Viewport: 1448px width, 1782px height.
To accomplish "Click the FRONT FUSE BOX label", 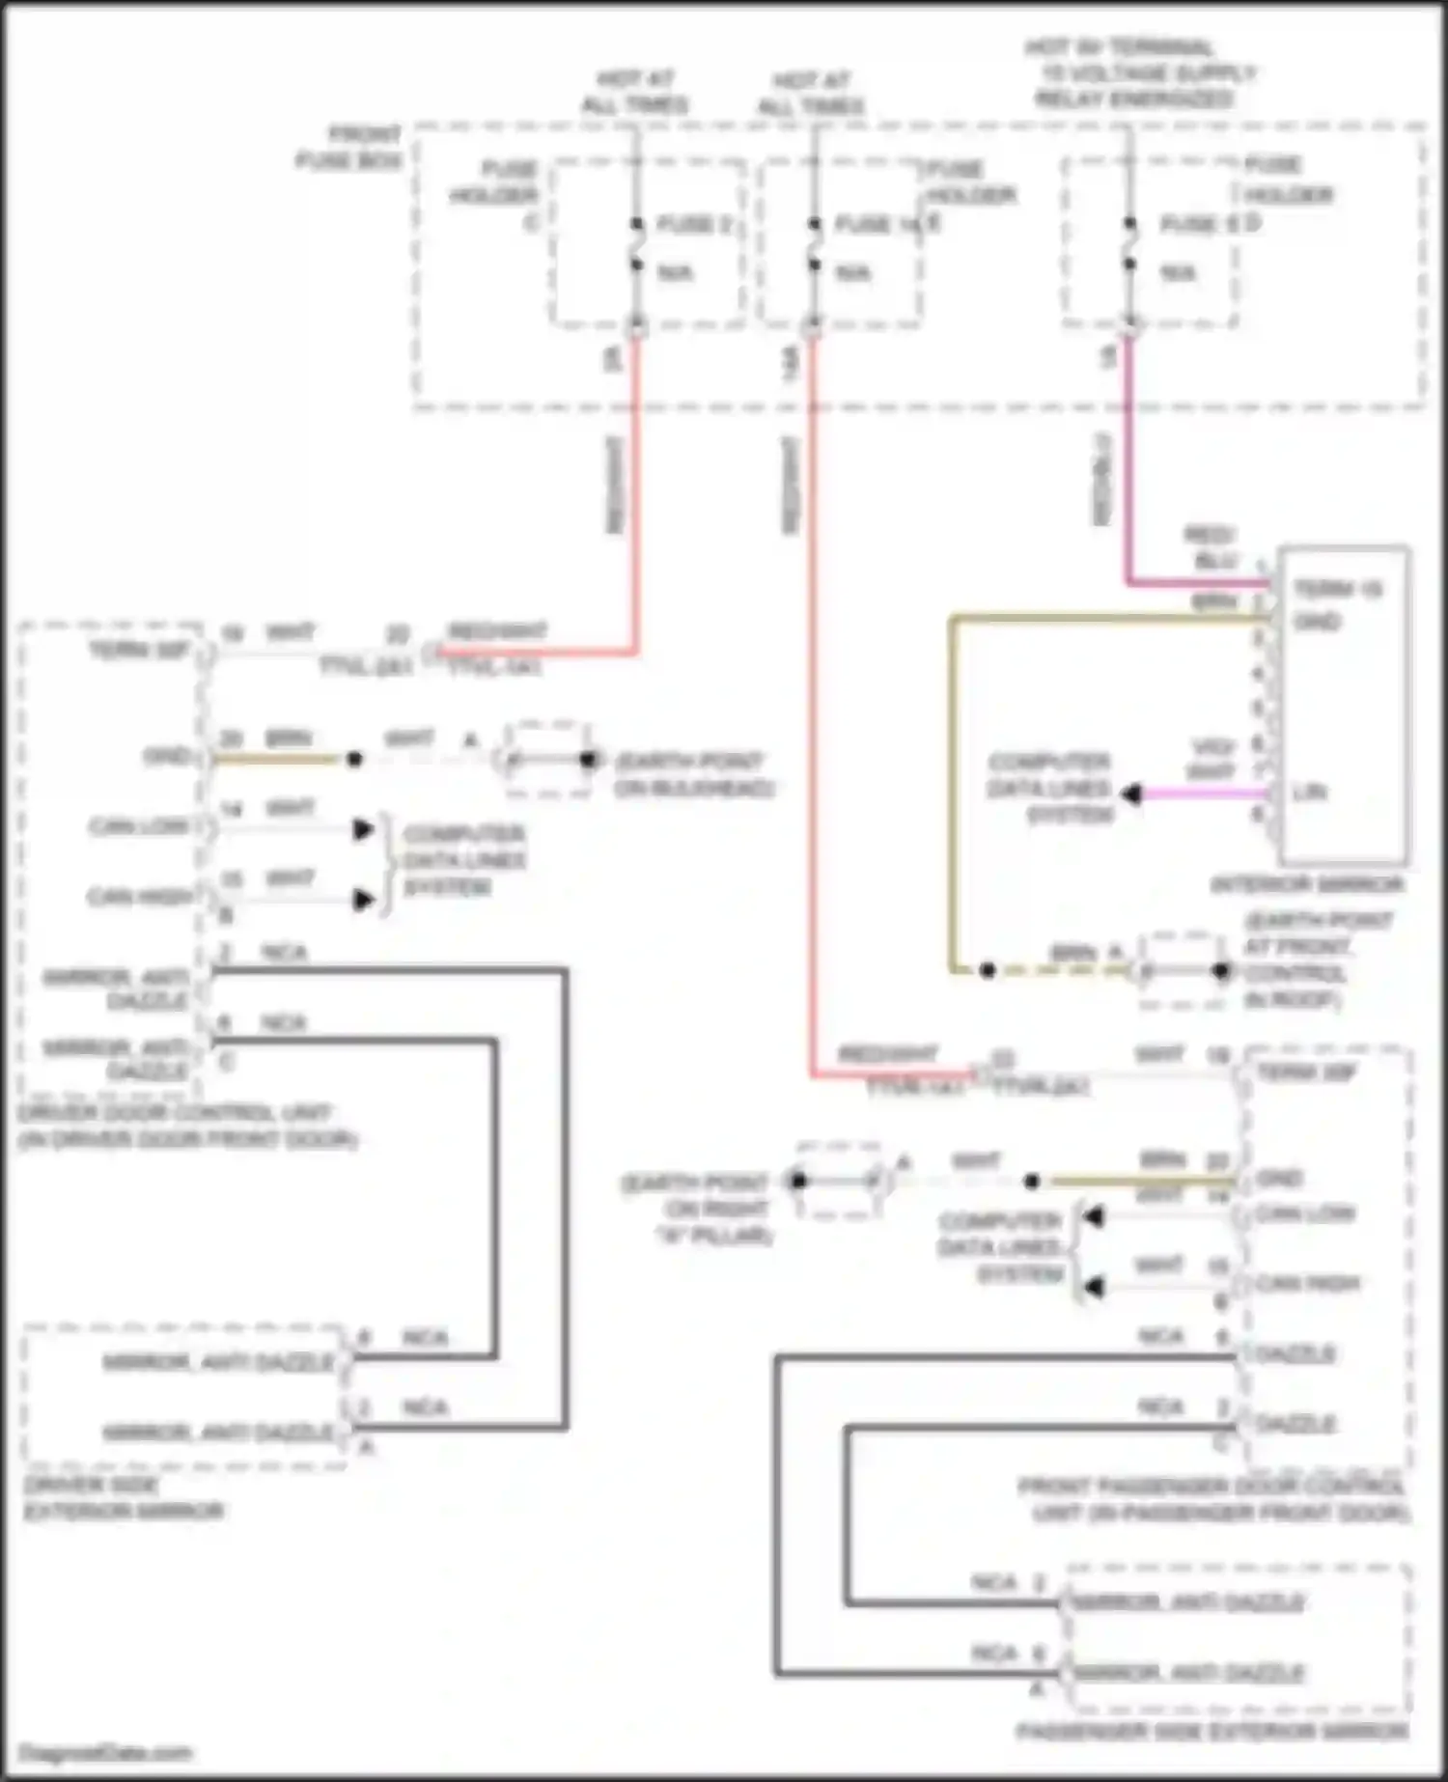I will [349, 147].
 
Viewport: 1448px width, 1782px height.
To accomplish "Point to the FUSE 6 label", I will [1198, 225].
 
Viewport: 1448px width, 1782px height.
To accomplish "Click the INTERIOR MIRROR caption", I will [1307, 884].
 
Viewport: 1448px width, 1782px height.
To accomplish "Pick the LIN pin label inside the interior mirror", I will [1309, 793].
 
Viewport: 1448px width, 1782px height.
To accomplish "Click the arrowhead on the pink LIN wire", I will [1132, 794].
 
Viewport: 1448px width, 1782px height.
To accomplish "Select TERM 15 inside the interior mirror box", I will [1338, 588].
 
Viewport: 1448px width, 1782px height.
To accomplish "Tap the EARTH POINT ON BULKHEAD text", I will [693, 774].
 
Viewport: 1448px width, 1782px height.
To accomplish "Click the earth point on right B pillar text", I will [696, 1208].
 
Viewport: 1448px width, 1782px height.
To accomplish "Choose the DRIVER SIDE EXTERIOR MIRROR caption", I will [123, 1498].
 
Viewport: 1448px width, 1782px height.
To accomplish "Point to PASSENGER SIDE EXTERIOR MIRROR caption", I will [1211, 1732].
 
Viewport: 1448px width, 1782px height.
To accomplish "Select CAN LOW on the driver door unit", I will [138, 827].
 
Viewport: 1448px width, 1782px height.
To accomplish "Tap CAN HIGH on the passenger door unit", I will [1307, 1283].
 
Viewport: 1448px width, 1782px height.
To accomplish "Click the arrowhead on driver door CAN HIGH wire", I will [363, 900].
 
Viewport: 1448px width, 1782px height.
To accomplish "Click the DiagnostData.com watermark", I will [105, 1752].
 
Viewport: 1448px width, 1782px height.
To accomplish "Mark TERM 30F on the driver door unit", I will [139, 650].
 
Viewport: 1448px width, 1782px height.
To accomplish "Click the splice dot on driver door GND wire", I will [354, 760].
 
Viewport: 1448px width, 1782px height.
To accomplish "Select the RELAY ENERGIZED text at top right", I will [1135, 98].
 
